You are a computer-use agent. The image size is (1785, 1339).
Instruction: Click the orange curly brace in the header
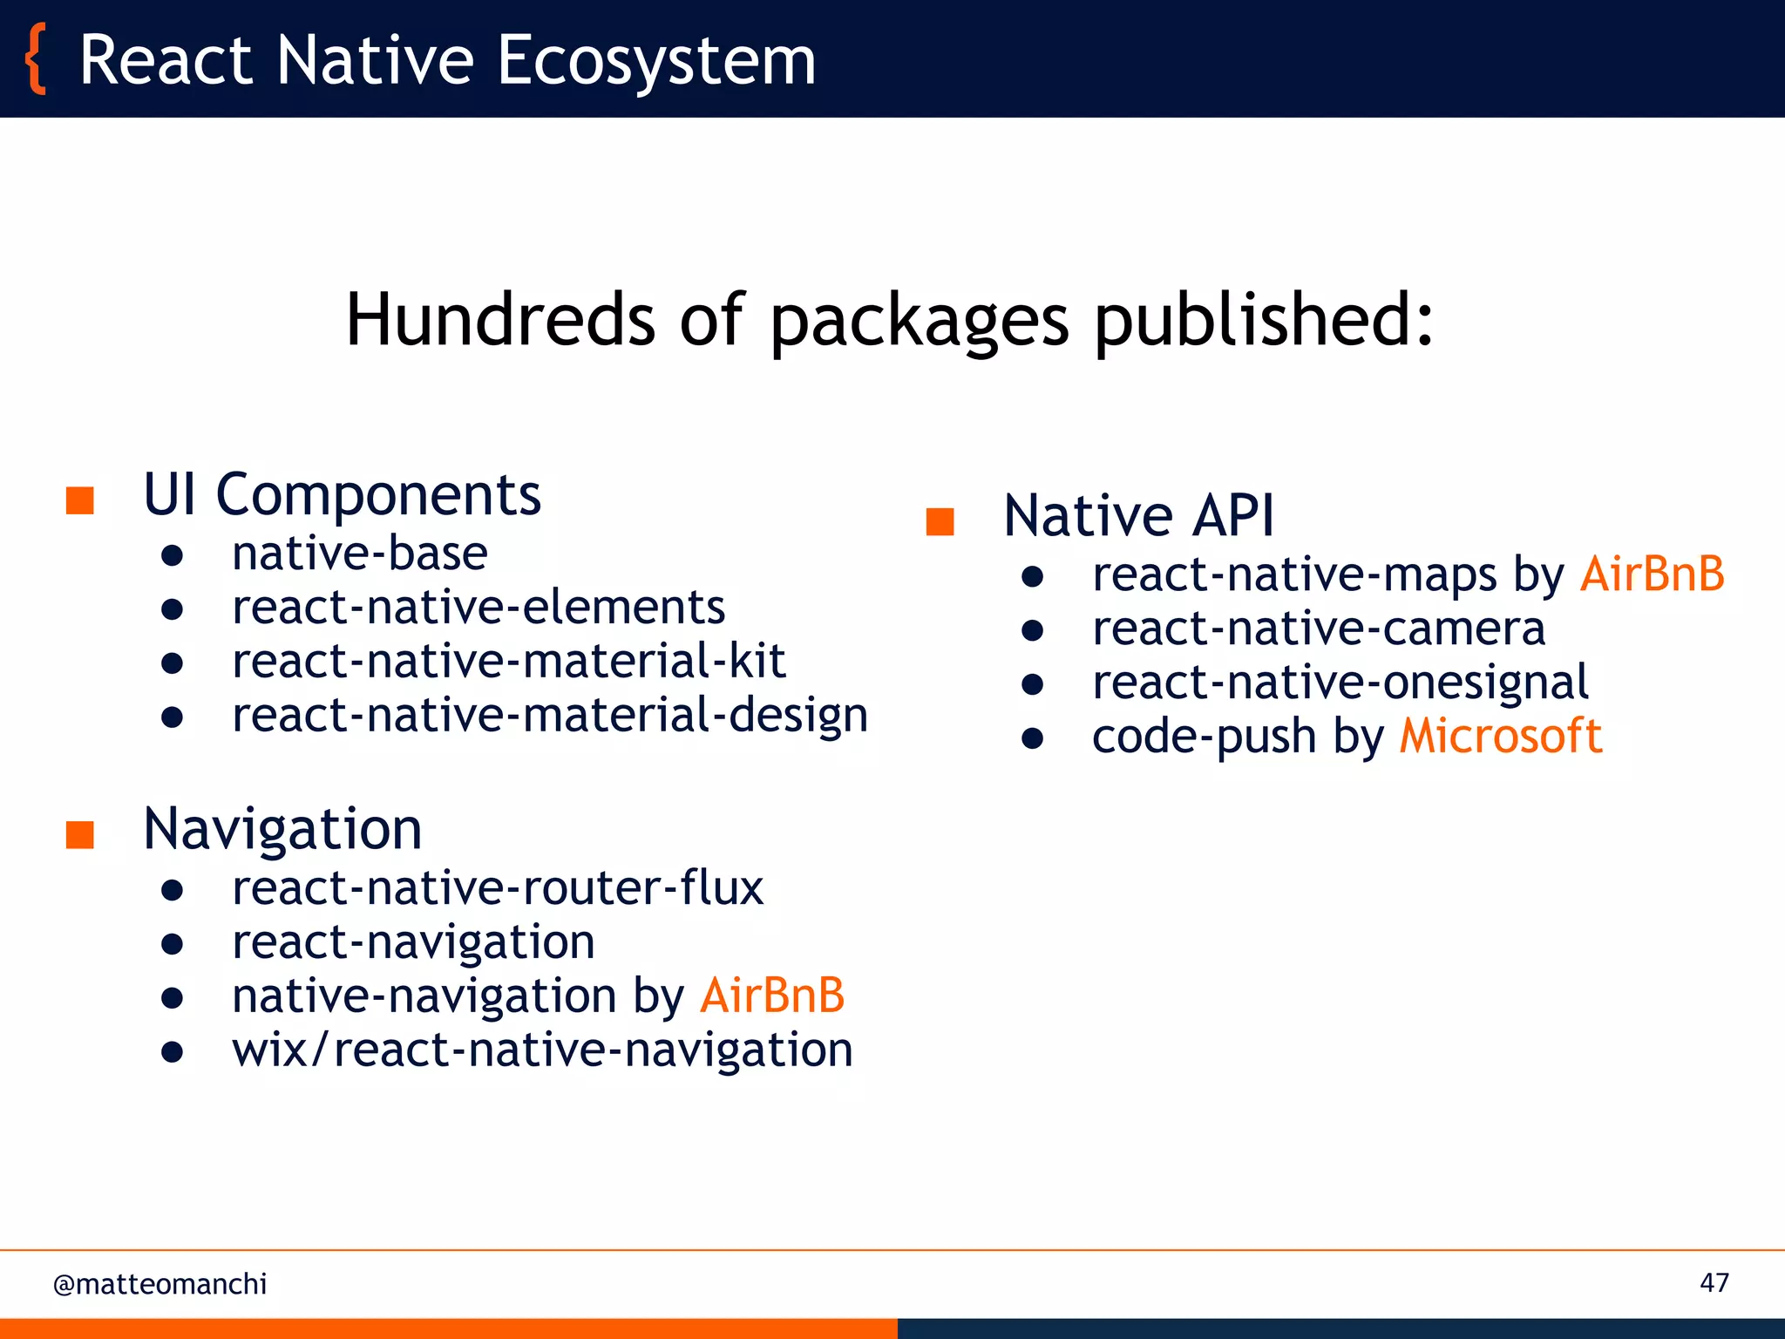tap(35, 59)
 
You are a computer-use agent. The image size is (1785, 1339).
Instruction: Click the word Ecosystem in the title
tap(655, 61)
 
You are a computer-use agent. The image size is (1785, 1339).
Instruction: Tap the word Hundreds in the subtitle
tap(499, 319)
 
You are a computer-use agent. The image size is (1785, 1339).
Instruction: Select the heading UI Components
tap(342, 494)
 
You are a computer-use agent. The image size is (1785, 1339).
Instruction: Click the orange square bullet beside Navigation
tap(80, 834)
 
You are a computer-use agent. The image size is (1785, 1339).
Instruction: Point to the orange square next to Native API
tap(940, 521)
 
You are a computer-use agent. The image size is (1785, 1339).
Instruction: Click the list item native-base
tap(359, 554)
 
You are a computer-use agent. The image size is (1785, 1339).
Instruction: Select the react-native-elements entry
tap(478, 608)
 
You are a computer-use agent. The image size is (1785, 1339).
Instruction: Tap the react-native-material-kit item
tap(508, 661)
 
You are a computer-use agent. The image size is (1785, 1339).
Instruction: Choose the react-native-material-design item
tap(549, 715)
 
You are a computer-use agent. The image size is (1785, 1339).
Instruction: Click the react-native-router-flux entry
tap(497, 888)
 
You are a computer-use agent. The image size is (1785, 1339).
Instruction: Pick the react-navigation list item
tap(413, 942)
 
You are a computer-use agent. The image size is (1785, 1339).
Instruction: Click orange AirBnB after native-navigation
tap(772, 996)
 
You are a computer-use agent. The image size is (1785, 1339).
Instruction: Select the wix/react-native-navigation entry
tap(542, 1050)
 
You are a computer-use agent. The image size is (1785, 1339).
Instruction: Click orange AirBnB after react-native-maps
tap(1652, 574)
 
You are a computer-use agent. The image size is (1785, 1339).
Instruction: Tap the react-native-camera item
tap(1318, 629)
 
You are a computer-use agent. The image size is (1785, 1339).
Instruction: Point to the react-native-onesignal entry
tap(1340, 683)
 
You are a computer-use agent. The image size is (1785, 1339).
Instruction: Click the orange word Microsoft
tap(1500, 736)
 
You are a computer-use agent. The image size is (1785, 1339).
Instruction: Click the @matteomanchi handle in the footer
tap(159, 1284)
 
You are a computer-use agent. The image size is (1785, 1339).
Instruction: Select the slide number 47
tap(1714, 1282)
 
